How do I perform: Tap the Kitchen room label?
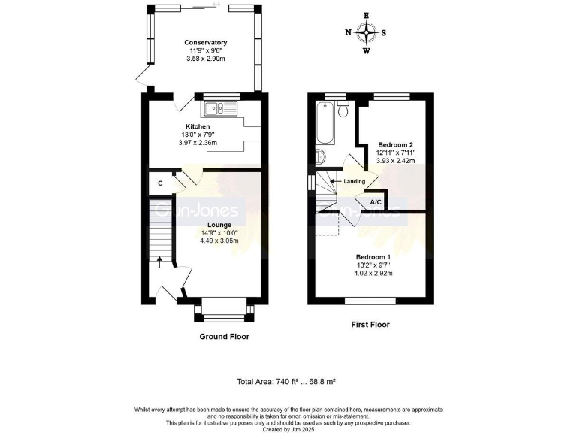tap(198, 126)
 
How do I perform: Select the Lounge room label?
tap(219, 224)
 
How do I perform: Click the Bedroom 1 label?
tap(373, 257)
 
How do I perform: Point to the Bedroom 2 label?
tap(395, 144)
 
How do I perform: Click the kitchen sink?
tap(224, 109)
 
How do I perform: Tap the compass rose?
tap(367, 32)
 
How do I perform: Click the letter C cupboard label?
tap(161, 183)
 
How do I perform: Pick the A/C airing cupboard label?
tap(376, 201)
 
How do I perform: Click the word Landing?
tap(354, 181)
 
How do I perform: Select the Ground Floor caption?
tap(224, 337)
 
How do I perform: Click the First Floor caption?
tap(370, 325)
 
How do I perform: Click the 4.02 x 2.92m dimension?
tap(373, 273)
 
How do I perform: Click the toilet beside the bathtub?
tap(343, 111)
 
